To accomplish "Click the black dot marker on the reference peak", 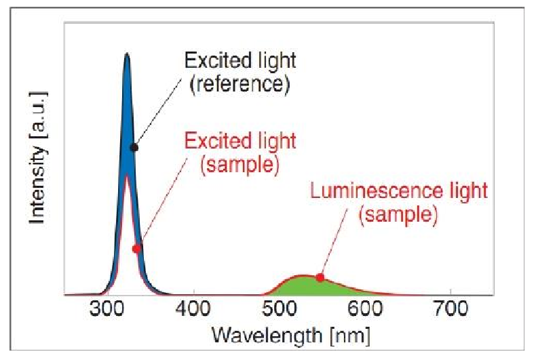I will coord(134,147).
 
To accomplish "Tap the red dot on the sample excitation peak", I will coord(136,249).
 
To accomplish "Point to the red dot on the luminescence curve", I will coord(320,277).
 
